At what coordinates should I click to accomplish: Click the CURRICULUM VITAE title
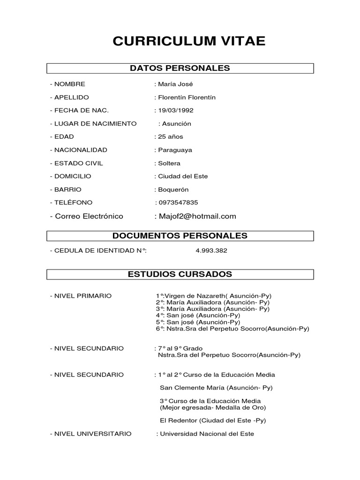(x=189, y=41)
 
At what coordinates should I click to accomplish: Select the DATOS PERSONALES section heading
(x=180, y=68)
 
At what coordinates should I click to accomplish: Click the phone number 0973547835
(x=178, y=202)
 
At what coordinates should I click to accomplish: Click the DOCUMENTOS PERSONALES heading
(x=180, y=236)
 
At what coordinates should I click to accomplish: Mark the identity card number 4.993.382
(x=211, y=251)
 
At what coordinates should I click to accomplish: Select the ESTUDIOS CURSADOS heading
(x=180, y=274)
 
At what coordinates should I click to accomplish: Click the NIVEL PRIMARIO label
(x=81, y=296)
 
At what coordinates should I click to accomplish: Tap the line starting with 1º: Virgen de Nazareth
(x=214, y=296)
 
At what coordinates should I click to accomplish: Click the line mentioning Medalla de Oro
(x=210, y=407)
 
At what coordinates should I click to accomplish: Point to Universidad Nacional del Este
(x=207, y=434)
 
